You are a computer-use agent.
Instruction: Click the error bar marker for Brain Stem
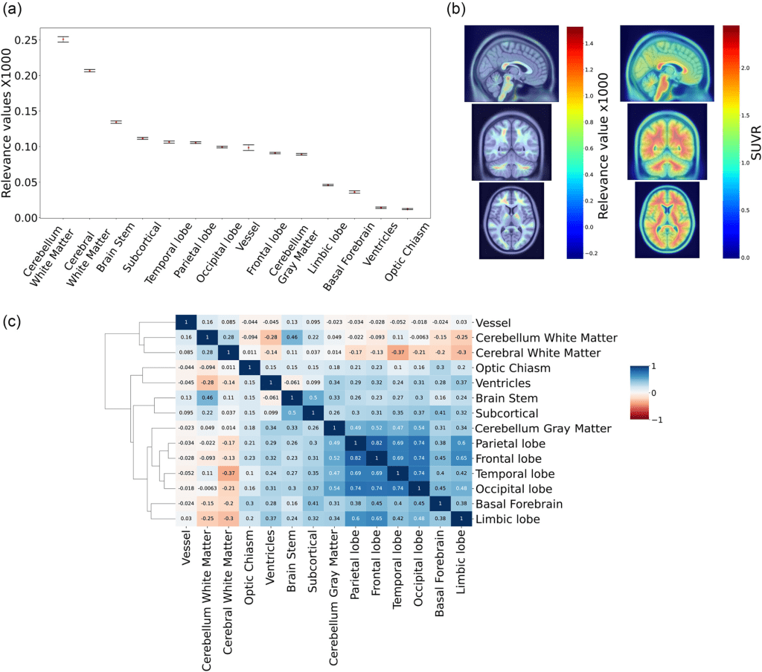[x=116, y=122]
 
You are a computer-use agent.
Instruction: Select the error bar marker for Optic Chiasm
[x=407, y=209]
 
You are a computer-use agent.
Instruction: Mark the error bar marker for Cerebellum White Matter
[x=63, y=39]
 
